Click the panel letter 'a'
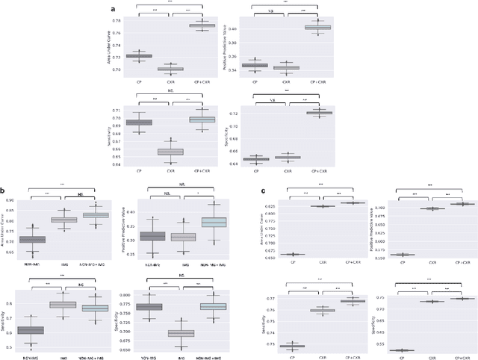tap(113, 8)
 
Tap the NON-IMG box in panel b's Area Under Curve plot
tap(32, 240)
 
